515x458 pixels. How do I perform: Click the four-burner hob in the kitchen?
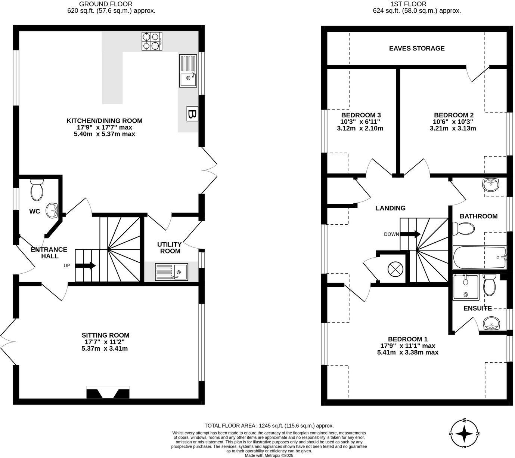tap(152, 41)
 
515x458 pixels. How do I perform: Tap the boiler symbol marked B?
tap(192, 114)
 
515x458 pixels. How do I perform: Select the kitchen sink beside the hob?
tap(188, 71)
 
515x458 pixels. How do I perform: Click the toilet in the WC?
tap(37, 190)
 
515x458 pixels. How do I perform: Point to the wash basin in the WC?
tap(52, 211)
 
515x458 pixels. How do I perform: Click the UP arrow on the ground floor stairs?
tap(86, 266)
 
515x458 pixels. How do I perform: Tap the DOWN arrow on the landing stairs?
tap(410, 234)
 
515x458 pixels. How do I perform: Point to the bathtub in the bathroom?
tap(480, 258)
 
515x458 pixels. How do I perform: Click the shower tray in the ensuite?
tap(465, 287)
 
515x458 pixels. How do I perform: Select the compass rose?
tap(464, 434)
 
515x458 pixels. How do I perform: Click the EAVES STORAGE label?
tap(417, 48)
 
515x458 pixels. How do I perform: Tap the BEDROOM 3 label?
tap(361, 115)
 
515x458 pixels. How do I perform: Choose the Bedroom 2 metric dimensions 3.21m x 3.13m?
tap(453, 128)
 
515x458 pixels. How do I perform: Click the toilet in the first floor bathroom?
tap(463, 228)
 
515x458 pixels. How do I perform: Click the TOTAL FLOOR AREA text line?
tap(269, 425)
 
